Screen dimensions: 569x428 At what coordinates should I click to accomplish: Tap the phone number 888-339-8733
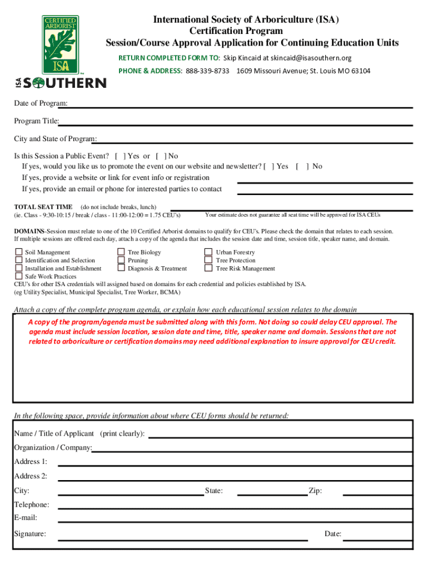(207, 71)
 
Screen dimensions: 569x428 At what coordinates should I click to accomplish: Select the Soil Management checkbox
(19, 252)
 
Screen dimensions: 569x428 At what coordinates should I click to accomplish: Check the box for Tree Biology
(121, 252)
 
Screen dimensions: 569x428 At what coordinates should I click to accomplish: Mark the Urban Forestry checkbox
(208, 252)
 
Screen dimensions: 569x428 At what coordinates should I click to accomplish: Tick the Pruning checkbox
(121, 260)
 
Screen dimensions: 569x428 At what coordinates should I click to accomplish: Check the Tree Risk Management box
(208, 268)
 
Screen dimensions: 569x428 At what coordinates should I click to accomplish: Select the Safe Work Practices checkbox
(19, 276)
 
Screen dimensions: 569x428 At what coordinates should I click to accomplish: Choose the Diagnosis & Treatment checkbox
(121, 268)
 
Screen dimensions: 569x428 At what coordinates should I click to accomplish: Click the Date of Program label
(41, 104)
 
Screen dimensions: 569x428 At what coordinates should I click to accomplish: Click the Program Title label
(37, 121)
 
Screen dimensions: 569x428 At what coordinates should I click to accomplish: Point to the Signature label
(30, 534)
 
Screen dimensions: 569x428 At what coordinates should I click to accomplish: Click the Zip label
(315, 491)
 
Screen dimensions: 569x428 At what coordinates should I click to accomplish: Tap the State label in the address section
(213, 491)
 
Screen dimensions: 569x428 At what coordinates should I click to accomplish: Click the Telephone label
(32, 505)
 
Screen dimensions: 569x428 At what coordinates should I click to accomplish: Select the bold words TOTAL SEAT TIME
(43, 207)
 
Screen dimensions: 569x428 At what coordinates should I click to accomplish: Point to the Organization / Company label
(53, 447)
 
